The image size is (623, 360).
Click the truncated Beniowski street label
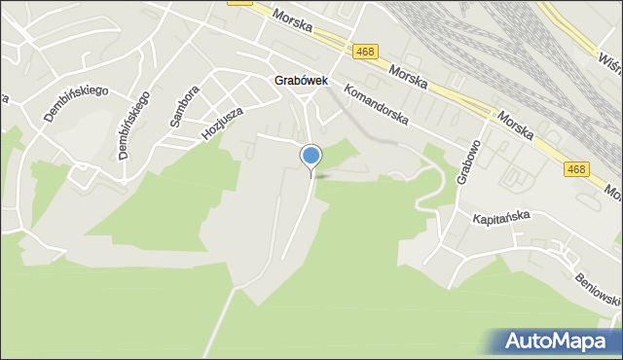point(596,285)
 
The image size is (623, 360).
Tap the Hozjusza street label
point(221,121)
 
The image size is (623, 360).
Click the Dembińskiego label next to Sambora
point(133,125)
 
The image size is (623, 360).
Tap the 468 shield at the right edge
point(576,169)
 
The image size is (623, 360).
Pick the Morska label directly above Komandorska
point(407,76)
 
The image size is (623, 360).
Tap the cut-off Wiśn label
point(610,63)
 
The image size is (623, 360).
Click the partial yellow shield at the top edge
point(239,3)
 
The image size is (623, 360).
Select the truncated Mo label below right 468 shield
point(613,189)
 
